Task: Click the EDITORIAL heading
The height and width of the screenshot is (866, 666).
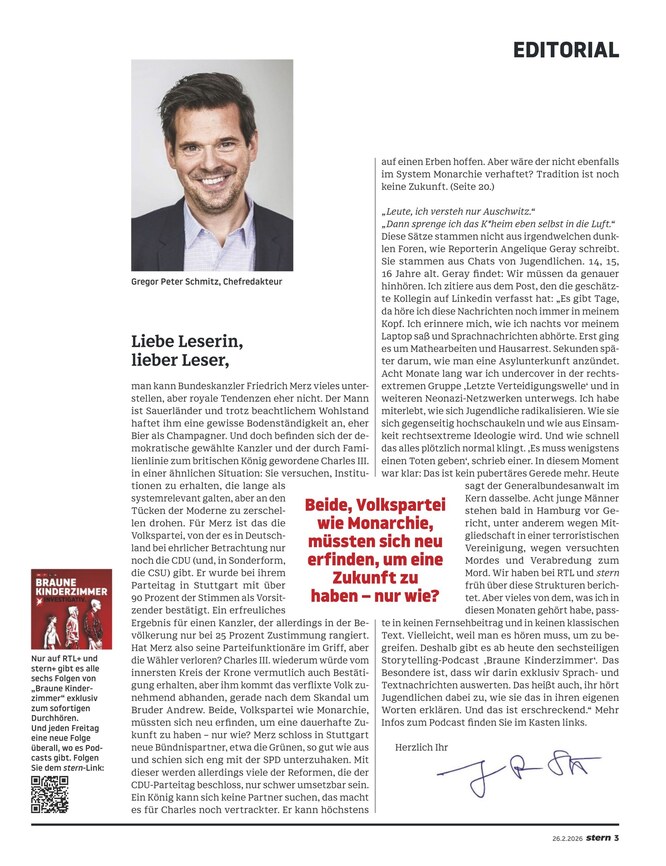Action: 567,49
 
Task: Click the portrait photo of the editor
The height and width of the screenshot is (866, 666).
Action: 212,165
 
